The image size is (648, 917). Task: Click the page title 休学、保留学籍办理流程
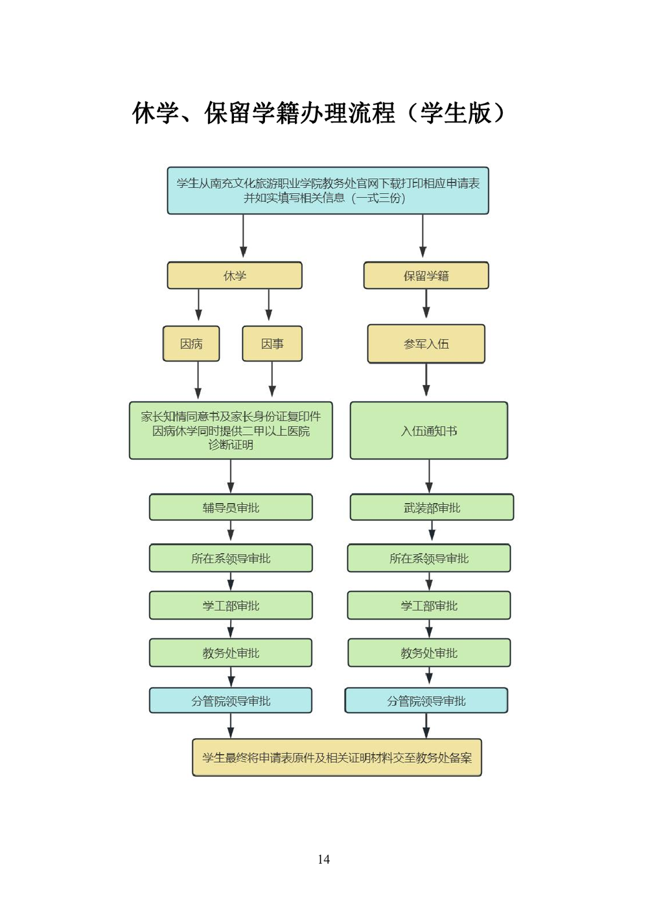318,113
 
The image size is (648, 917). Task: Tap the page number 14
323,859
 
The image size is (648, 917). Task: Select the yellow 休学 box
235,275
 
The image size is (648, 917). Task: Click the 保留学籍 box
426,275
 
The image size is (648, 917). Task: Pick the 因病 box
191,343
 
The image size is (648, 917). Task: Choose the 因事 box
272,343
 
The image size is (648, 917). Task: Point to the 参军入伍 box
426,343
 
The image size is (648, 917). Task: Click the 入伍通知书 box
429,431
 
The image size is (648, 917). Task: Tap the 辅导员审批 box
231,507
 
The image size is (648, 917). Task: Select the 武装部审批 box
432,507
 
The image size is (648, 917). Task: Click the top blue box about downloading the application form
328,191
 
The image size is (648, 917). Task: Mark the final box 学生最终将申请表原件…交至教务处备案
337,758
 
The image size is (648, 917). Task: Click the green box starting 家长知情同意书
231,430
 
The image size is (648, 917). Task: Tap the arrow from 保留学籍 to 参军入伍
426,304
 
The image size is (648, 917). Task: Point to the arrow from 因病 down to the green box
198,380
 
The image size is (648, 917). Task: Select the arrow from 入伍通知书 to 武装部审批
429,476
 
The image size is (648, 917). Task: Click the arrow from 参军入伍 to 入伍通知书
426,380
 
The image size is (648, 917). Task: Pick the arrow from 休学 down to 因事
269,305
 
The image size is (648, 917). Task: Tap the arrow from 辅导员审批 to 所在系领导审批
231,531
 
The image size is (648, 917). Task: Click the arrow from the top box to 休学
244,237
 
